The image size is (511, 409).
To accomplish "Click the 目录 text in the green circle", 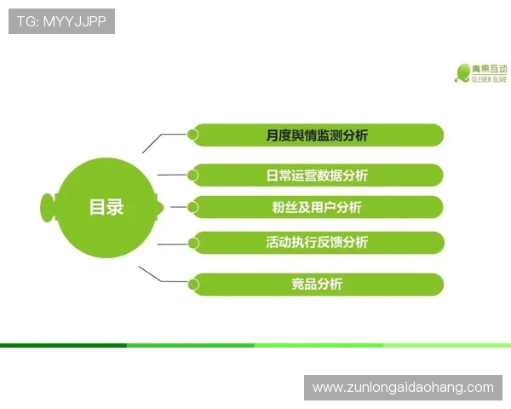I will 106,206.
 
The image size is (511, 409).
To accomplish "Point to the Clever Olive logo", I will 480,72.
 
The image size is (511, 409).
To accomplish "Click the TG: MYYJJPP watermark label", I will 61,21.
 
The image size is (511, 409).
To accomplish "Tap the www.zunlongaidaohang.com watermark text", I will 403,388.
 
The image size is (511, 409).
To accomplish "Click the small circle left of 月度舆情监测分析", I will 193,134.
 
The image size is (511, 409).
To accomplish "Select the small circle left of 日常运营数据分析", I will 193,175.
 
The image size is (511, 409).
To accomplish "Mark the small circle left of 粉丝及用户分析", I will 193,206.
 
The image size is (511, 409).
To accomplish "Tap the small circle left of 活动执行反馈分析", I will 193,243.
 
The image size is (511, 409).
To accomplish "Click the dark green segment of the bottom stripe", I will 64,345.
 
